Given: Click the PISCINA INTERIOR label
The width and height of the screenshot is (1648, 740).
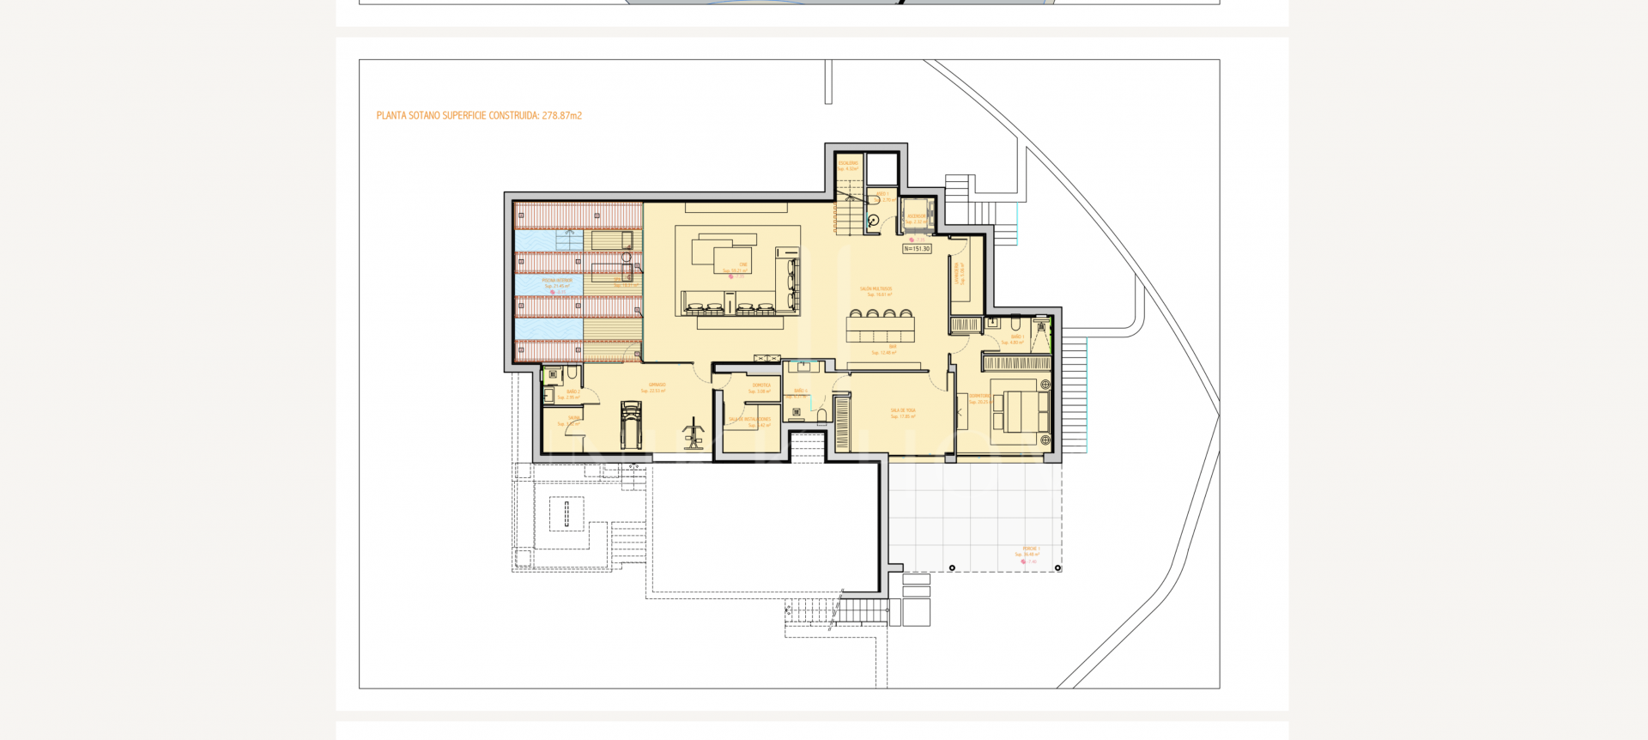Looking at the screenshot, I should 556,281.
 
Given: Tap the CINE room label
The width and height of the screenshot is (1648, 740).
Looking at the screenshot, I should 743,264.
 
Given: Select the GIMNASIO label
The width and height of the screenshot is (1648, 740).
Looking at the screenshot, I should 657,385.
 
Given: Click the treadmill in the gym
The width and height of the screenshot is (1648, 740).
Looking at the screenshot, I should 631,425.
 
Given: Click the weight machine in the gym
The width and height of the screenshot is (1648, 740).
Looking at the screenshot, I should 694,434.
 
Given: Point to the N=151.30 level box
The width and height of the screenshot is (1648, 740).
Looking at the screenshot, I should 917,249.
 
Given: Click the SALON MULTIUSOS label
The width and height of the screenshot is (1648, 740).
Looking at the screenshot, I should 875,289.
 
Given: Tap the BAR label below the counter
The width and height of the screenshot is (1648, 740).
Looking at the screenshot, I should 892,347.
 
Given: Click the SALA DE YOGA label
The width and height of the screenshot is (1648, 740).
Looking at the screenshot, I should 902,411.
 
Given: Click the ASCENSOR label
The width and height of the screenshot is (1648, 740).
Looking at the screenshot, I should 916,216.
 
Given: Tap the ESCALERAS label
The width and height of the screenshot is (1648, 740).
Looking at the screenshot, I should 847,163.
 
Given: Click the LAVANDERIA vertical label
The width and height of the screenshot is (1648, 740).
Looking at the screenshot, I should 957,273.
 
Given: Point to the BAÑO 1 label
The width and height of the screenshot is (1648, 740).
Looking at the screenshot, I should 881,195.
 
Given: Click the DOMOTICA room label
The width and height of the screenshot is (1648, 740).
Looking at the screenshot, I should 760,385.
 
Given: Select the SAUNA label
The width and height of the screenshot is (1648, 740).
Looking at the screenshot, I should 573,418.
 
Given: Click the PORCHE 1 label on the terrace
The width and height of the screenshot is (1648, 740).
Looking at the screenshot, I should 1030,549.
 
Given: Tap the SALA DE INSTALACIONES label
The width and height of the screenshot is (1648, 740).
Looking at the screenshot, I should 750,420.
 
